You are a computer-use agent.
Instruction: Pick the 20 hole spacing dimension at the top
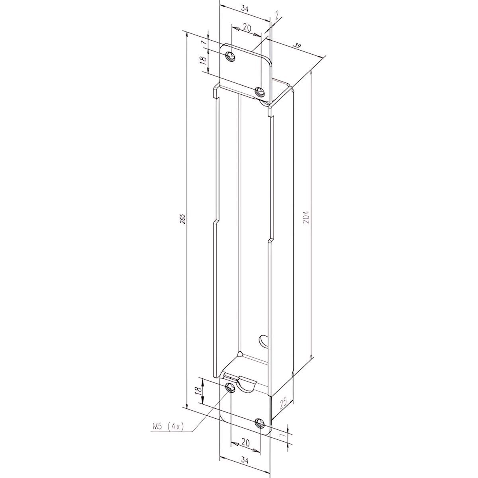point(247,27)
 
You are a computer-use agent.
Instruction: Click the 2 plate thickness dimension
point(277,15)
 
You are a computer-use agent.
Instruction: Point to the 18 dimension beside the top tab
point(203,60)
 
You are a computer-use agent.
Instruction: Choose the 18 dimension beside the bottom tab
point(198,392)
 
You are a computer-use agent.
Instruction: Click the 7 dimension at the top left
point(203,42)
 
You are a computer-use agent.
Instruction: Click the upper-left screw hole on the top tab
point(230,56)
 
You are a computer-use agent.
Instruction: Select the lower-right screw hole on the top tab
point(260,91)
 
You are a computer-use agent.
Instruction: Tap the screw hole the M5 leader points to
point(230,387)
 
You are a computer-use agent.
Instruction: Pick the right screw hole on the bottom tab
point(259,423)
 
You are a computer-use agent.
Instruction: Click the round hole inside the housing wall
point(264,341)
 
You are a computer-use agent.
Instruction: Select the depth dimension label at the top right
point(297,46)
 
